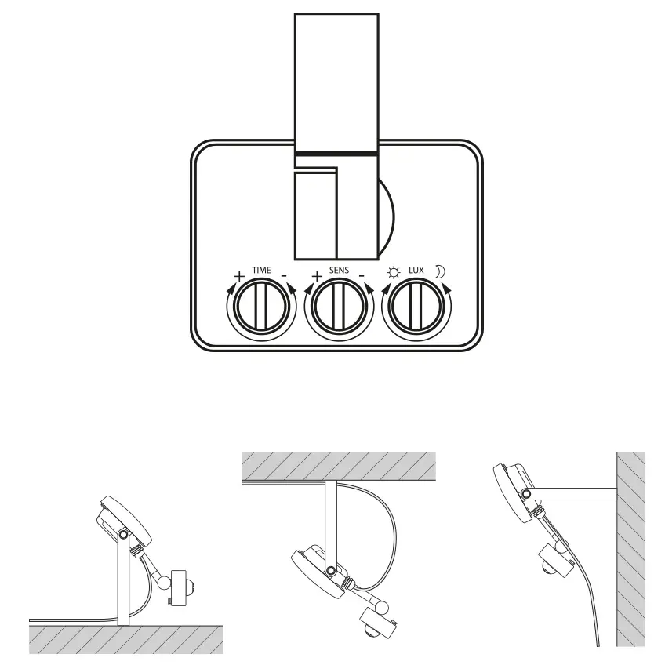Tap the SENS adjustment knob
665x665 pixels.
(x=340, y=307)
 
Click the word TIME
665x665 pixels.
(x=261, y=271)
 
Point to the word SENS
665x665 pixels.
(x=339, y=271)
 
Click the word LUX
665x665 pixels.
(x=416, y=271)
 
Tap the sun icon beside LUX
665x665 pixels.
(x=393, y=273)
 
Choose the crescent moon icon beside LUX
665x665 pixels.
(x=441, y=272)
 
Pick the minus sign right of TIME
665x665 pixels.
(x=283, y=275)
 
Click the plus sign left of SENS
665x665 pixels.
(x=317, y=276)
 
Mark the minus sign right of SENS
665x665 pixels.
(x=361, y=275)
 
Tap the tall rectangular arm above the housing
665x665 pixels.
(x=336, y=82)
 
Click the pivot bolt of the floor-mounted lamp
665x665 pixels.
(x=123, y=534)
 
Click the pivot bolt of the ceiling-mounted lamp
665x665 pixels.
(x=332, y=570)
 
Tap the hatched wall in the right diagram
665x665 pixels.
(x=630, y=549)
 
